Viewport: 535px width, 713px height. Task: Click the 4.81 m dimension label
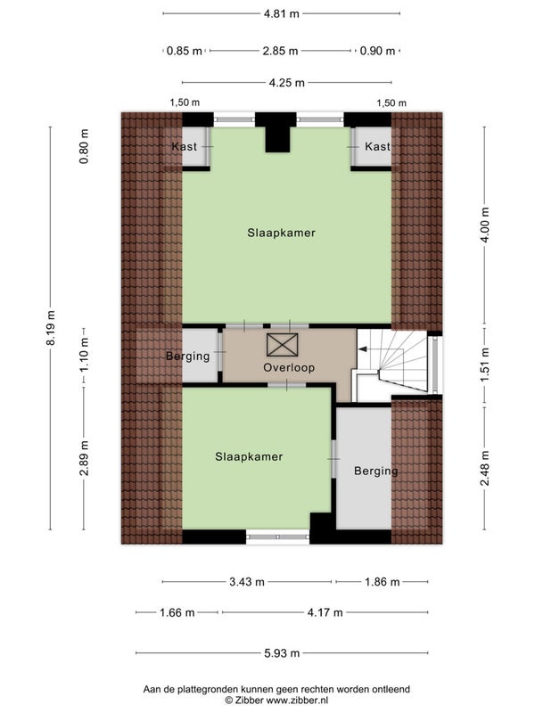coord(282,13)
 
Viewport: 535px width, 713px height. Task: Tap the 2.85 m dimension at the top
coord(280,51)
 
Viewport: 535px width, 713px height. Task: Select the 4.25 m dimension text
coord(286,83)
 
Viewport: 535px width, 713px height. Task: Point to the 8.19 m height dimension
coord(51,328)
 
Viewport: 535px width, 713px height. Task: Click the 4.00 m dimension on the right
coord(485,225)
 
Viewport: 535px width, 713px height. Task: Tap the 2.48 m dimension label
coord(485,469)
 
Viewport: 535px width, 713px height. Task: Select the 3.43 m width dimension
coord(247,582)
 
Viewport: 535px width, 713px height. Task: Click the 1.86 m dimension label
coord(383,582)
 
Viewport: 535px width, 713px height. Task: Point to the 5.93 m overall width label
coord(282,653)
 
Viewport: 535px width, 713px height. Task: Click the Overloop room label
coord(289,367)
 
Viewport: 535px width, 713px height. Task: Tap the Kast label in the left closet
coord(185,146)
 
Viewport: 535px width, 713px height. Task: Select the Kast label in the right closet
coord(377,146)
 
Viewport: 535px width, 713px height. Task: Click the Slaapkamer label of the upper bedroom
coord(281,233)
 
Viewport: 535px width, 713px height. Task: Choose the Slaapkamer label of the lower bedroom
coord(249,457)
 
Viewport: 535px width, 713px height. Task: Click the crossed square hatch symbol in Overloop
coord(282,345)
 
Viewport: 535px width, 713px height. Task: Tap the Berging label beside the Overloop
coord(188,356)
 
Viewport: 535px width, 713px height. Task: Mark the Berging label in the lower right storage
coord(375,471)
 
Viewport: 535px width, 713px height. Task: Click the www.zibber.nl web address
coord(297,701)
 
